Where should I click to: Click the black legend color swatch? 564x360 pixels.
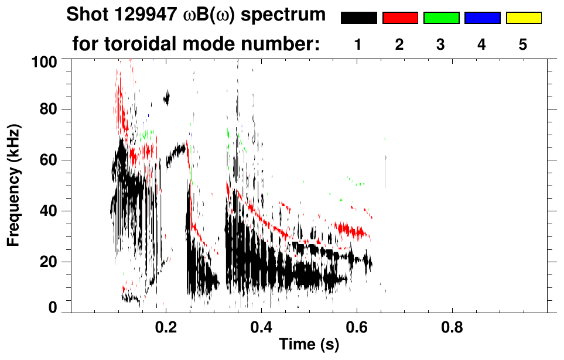point(358,18)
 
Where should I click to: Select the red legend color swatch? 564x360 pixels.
point(400,18)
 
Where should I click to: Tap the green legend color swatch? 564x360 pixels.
point(441,18)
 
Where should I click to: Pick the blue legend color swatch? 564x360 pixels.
point(482,18)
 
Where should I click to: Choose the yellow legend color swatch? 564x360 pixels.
point(523,18)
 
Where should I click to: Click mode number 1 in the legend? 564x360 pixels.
point(358,45)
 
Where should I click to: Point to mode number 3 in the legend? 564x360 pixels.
point(440,45)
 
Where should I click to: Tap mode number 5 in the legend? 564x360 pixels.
point(522,45)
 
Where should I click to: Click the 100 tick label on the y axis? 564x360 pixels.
point(45,61)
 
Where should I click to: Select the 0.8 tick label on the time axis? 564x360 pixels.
point(452,325)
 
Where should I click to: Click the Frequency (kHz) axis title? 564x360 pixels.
point(13,184)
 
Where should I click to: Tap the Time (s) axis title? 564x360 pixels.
point(309,345)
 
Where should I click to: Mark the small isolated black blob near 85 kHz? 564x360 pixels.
point(167,98)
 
